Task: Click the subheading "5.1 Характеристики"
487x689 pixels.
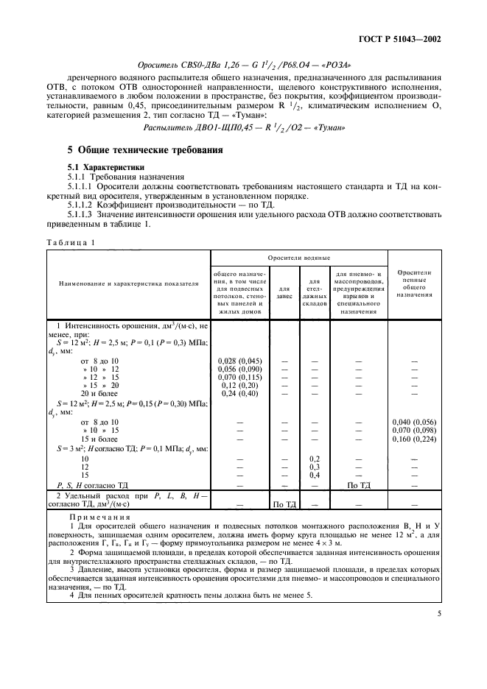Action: point(103,167)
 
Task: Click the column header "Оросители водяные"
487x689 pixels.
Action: point(298,258)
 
